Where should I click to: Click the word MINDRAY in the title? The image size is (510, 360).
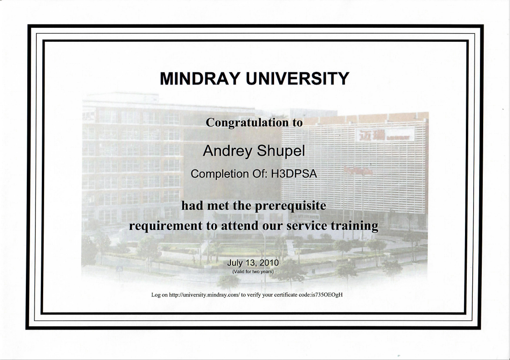point(200,78)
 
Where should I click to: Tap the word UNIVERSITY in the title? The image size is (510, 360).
point(297,78)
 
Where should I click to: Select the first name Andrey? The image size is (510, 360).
point(227,151)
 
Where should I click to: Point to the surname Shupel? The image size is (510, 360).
point(281,151)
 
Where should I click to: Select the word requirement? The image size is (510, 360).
point(165,226)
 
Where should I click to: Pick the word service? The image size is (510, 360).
point(307,226)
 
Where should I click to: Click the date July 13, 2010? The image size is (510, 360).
point(253,263)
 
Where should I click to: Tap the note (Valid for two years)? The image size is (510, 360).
point(253,271)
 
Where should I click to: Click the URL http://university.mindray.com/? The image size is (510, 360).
point(205,295)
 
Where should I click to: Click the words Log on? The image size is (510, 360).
point(160,295)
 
